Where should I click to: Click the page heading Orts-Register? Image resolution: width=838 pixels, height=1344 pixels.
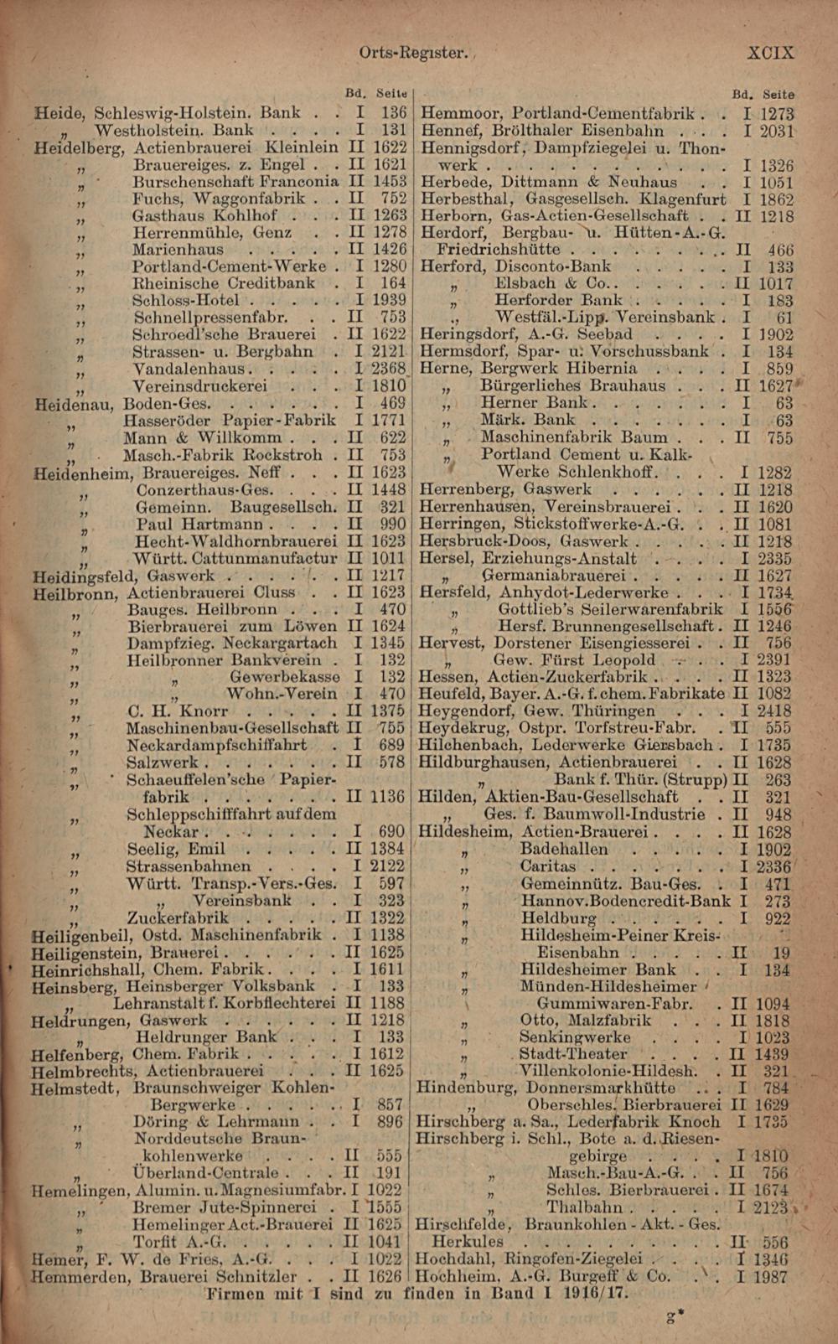411,52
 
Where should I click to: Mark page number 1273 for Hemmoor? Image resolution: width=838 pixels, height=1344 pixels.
777,113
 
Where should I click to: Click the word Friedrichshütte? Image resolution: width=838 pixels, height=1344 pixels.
499,250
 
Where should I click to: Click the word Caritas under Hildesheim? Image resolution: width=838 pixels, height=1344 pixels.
548,866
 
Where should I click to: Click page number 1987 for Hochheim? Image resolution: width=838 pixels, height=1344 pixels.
770,1277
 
